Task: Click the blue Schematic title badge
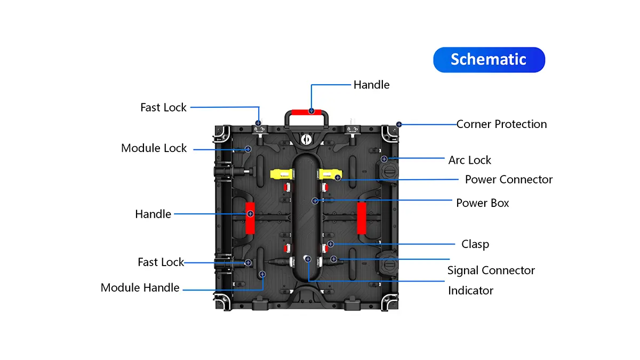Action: (489, 60)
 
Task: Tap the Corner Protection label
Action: (501, 124)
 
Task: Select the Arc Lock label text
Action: (469, 160)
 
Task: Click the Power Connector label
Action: (508, 179)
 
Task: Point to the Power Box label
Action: (482, 203)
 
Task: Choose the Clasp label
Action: (475, 244)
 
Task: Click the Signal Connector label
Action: (491, 270)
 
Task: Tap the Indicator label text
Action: (470, 291)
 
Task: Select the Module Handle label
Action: (140, 288)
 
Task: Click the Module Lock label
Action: (154, 148)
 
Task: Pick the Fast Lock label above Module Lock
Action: (163, 107)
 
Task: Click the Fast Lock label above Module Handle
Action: (161, 262)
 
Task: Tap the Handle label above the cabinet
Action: (371, 85)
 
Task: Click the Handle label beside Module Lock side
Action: (153, 214)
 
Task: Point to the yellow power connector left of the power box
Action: (281, 174)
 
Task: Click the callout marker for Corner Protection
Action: (398, 124)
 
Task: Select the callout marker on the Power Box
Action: (315, 201)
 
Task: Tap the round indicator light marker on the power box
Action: (308, 259)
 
